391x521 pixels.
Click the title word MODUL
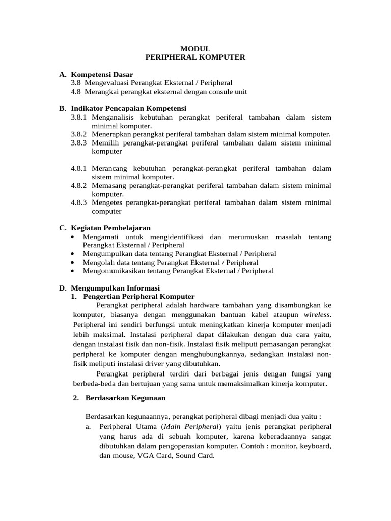[195, 49]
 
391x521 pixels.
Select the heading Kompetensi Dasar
[102, 74]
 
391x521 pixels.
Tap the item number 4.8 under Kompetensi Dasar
[76, 92]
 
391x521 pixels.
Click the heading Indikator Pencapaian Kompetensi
[129, 108]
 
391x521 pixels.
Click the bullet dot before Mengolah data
[74, 263]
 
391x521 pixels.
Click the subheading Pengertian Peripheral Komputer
[138, 296]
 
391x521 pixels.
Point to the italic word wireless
[317, 314]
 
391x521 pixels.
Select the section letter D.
[62, 288]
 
